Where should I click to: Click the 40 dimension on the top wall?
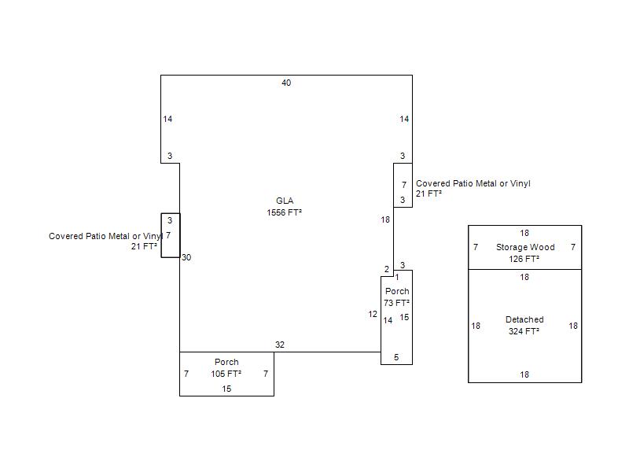tap(286, 83)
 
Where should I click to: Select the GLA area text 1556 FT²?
tap(284, 212)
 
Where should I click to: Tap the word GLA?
tap(285, 201)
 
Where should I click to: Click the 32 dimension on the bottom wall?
tap(280, 345)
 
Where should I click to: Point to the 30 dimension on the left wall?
tap(186, 257)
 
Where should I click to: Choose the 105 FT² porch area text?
tap(226, 374)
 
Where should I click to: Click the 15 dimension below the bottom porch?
tap(226, 389)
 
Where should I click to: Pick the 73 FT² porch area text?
tap(396, 303)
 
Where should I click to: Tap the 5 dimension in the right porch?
tap(396, 357)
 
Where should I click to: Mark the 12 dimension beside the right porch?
tap(373, 314)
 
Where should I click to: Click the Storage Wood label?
tap(525, 247)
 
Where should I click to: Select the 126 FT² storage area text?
tap(524, 259)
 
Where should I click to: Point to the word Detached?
tap(524, 319)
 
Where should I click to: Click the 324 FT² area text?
tap(524, 331)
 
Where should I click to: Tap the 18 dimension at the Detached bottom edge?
tap(524, 374)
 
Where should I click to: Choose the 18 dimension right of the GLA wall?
tap(385, 219)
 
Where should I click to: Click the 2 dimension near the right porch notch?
tap(387, 269)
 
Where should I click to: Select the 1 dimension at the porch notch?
tap(397, 277)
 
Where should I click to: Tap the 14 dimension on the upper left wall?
tap(167, 119)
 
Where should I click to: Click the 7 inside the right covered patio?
tap(404, 185)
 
